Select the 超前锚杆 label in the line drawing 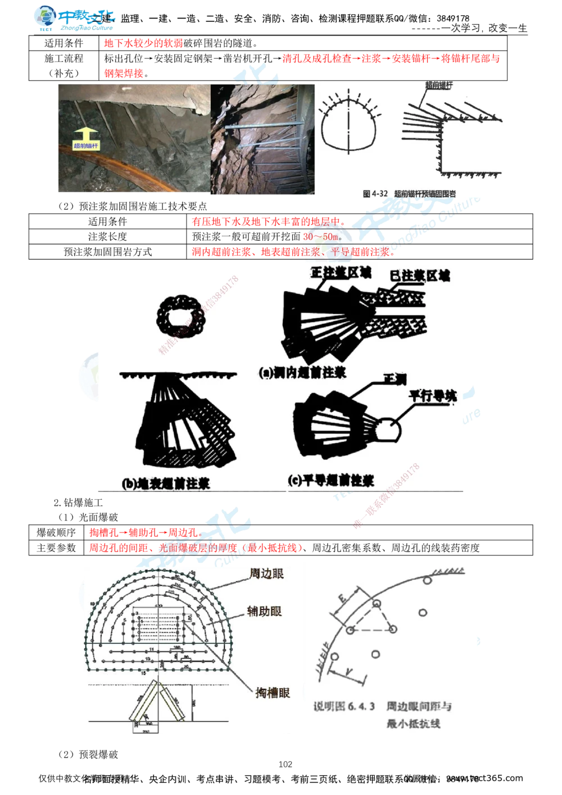[439, 85]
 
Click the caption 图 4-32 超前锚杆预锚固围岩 [409, 193]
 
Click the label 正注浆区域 [341, 273]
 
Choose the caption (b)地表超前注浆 [166, 484]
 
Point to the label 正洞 [394, 380]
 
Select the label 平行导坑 [432, 396]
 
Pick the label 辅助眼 [264, 611]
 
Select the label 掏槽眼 [272, 692]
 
